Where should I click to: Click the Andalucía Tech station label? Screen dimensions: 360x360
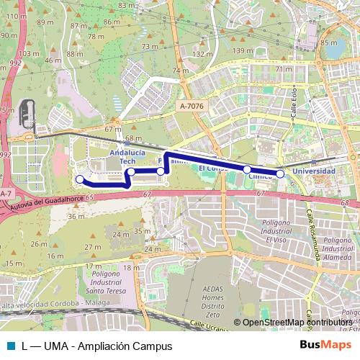[127, 158]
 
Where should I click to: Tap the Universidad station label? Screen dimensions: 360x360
[314, 171]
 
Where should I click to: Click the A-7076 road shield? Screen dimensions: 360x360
[191, 105]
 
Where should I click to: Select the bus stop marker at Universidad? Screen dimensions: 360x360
[280, 174]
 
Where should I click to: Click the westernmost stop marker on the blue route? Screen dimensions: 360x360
[79, 179]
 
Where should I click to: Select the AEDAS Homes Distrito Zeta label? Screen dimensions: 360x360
[213, 300]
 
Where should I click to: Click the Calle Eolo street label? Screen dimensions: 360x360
[294, 109]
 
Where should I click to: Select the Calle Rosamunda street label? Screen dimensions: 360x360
[315, 237]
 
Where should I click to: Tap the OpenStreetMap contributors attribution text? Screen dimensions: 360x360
[297, 322]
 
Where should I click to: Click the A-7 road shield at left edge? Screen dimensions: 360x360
[5, 194]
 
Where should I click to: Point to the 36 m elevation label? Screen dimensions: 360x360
[76, 216]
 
